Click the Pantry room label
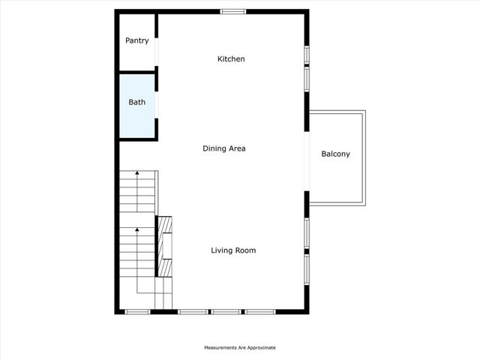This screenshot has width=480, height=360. [x=136, y=40]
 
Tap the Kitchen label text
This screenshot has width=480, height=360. [x=231, y=58]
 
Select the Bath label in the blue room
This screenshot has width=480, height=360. [x=136, y=102]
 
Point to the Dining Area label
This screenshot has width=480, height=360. [x=224, y=148]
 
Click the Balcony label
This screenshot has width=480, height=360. [x=335, y=154]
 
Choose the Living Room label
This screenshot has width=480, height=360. [x=233, y=250]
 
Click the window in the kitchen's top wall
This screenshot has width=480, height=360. [x=232, y=11]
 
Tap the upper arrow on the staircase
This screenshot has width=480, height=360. [x=137, y=175]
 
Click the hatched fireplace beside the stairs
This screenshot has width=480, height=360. [x=164, y=246]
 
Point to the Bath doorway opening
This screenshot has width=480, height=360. [x=157, y=103]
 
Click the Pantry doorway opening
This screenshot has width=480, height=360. [x=157, y=50]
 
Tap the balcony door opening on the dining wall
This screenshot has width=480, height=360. [x=307, y=160]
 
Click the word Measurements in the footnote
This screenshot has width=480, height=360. [x=223, y=348]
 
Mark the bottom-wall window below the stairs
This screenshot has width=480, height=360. [x=137, y=311]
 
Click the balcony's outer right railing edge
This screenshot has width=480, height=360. [x=364, y=158]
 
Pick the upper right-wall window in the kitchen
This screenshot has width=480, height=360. [x=307, y=56]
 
